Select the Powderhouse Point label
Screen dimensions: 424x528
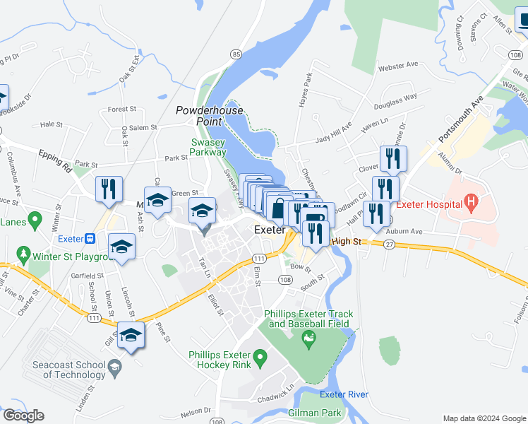pyautogui.click(x=210, y=116)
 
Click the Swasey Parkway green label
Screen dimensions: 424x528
pyautogui.click(x=208, y=147)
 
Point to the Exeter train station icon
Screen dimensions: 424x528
pyautogui.click(x=90, y=238)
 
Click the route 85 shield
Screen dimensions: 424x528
pyautogui.click(x=236, y=54)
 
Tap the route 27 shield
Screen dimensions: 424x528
pyautogui.click(x=389, y=244)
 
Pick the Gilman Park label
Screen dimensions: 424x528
pyautogui.click(x=315, y=413)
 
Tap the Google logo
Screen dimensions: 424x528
pyautogui.click(x=23, y=416)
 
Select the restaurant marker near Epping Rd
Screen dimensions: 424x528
pyautogui.click(x=109, y=189)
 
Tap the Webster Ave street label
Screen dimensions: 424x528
pyautogui.click(x=398, y=66)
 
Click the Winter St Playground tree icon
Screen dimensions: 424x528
pyautogui.click(x=23, y=252)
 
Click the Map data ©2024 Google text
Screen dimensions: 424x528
pyautogui.click(x=484, y=418)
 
